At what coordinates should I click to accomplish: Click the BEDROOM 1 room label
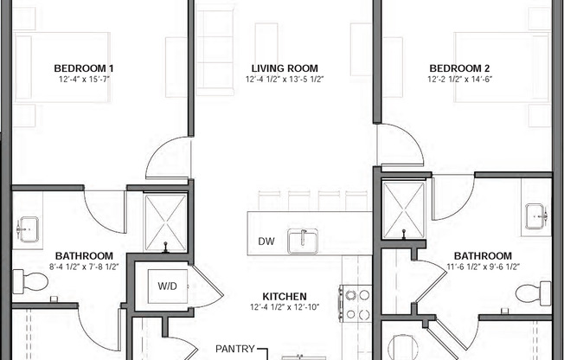(84, 68)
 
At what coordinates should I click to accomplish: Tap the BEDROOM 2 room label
(458, 68)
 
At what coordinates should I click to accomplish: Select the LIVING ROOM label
(285, 68)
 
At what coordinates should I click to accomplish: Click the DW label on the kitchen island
(266, 241)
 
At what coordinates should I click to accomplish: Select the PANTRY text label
(234, 350)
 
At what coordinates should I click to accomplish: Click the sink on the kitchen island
(302, 241)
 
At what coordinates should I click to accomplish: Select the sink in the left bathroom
(28, 232)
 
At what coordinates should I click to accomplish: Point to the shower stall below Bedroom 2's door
(403, 210)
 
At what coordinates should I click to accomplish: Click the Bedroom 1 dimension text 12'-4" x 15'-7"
(84, 80)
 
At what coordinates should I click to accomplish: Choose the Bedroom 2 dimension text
(458, 80)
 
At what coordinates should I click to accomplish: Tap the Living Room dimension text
(285, 80)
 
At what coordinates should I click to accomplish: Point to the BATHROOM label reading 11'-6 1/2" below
(483, 256)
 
